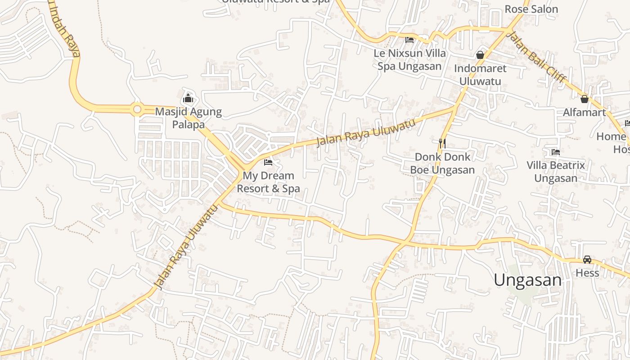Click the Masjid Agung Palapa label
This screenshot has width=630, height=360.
188,118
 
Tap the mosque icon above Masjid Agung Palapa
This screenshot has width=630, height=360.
188,98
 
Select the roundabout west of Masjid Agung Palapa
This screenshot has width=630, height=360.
137,109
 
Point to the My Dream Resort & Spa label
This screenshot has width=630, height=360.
268,182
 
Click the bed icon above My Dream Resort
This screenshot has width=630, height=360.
268,162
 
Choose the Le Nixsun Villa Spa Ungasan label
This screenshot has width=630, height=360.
409,59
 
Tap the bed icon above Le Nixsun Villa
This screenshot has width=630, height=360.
409,40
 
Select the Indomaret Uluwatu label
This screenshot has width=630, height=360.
480,75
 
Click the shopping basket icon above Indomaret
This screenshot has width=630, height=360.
480,55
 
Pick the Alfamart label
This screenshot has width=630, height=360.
585,112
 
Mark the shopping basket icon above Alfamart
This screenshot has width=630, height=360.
585,99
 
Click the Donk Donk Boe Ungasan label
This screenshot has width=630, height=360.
442,163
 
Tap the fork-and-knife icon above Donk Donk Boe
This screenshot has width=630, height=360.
442,143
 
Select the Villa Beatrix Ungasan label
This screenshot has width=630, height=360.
556,171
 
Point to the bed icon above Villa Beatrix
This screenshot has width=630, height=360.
556,152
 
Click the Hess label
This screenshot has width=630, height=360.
587,273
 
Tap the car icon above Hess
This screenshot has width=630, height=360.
587,259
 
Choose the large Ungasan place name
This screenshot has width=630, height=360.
527,280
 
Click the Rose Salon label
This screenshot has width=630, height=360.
531,9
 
